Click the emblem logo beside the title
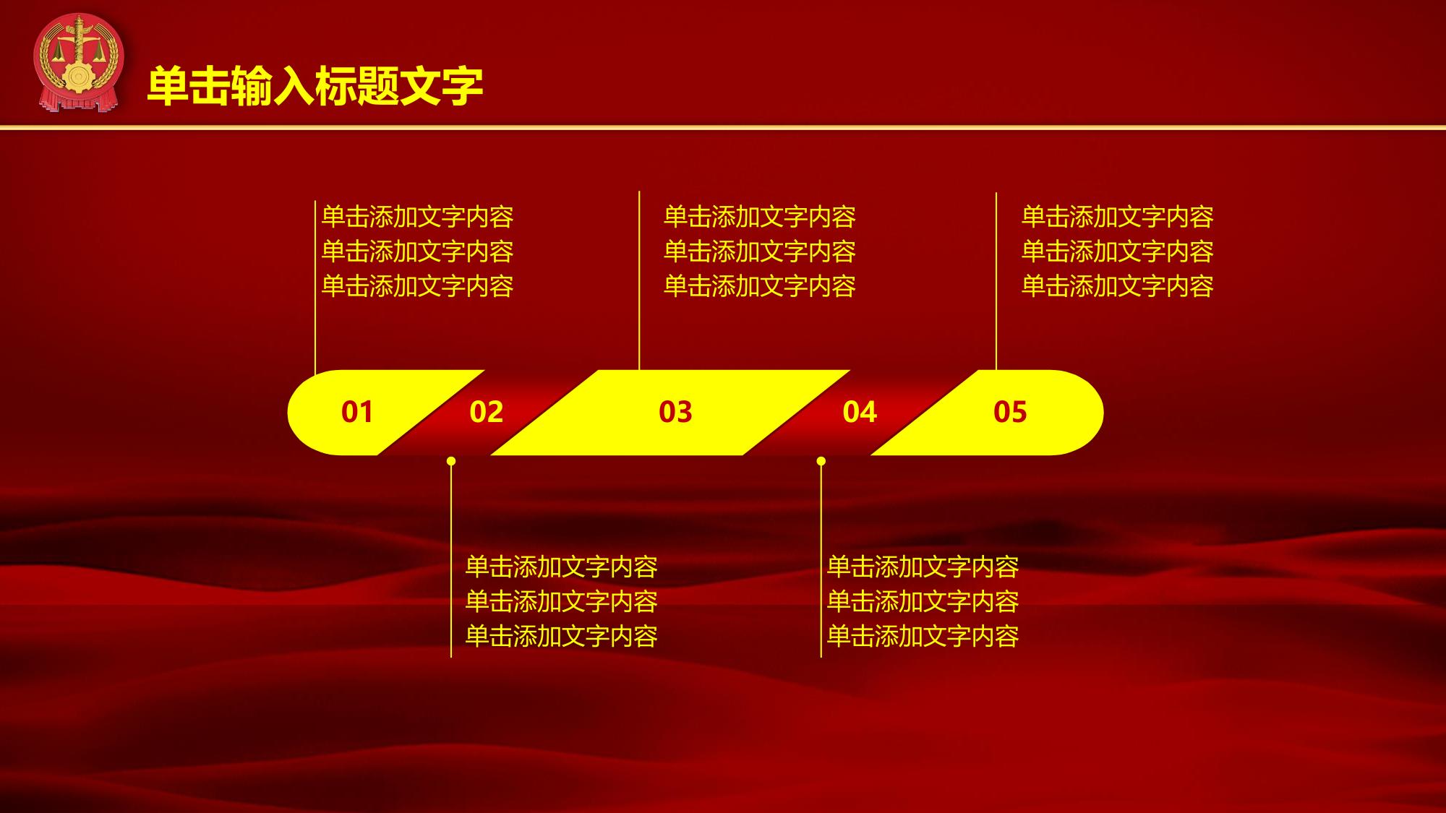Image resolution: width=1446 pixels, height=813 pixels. (x=79, y=64)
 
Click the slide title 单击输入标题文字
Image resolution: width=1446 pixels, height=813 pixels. (x=315, y=87)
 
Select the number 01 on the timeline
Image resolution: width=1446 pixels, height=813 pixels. (x=357, y=412)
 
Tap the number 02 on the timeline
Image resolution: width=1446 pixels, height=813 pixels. (x=486, y=412)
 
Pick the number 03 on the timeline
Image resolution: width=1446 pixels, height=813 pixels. (x=675, y=412)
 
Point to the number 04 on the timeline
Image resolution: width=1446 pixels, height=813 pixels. (x=860, y=412)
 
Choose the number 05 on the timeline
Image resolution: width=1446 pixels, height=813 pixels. (x=1010, y=412)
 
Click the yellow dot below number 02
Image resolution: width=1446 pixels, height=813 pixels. (x=451, y=461)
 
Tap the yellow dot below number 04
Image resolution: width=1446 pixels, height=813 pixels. (x=821, y=461)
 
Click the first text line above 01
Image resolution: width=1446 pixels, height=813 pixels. (x=418, y=217)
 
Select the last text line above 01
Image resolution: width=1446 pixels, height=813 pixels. (x=418, y=286)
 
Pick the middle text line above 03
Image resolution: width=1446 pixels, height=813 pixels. (x=760, y=251)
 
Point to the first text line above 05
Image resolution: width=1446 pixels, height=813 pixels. (x=1118, y=217)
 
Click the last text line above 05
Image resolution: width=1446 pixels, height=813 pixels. (x=1118, y=286)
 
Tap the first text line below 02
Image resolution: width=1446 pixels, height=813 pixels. (x=562, y=567)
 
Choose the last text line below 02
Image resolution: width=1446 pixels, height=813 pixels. (x=562, y=636)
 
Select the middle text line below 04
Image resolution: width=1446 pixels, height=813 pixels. (x=923, y=601)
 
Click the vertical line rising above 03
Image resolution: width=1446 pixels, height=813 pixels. (x=639, y=281)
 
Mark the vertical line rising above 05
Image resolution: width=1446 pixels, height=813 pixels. (x=996, y=282)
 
